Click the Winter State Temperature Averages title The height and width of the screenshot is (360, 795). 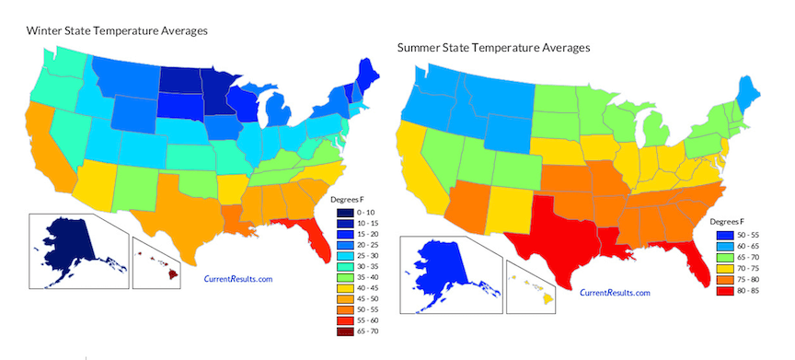116,30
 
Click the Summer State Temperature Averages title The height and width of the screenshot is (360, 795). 492,47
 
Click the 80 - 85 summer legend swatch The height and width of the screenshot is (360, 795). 725,289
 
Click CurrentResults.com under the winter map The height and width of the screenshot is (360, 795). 237,278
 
